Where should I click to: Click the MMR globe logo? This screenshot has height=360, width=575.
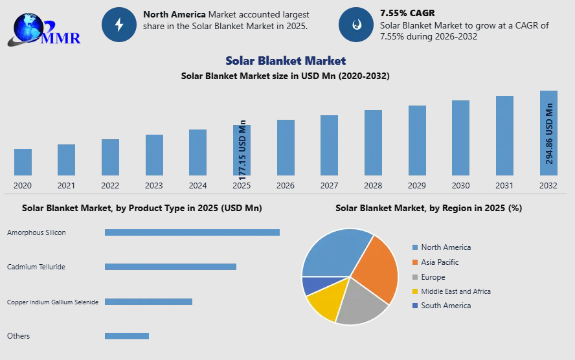(44, 30)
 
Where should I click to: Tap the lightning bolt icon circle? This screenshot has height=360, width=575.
(118, 25)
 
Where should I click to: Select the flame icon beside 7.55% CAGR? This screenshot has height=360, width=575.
(356, 25)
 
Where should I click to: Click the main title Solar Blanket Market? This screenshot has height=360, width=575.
(286, 60)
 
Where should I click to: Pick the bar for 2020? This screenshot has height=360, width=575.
(23, 162)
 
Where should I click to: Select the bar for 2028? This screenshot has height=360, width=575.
(373, 142)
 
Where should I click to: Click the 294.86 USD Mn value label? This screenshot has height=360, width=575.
(549, 133)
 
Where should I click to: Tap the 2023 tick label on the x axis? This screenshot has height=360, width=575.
(153, 185)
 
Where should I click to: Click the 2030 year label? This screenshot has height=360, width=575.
(460, 185)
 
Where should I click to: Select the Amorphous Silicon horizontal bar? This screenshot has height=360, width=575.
(192, 232)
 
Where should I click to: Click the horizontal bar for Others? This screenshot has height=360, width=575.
(127, 336)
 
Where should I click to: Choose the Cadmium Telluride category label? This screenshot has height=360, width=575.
(36, 267)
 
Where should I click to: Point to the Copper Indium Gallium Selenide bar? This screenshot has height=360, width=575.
(148, 302)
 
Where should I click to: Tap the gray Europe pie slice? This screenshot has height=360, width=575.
(361, 304)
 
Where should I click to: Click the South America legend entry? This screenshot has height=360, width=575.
(442, 306)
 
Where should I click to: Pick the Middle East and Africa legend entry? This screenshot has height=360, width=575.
(451, 291)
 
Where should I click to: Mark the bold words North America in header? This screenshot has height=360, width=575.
(174, 14)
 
